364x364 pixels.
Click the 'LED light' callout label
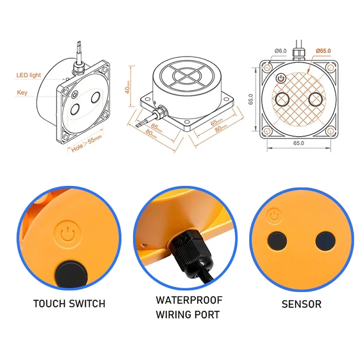point(29,75)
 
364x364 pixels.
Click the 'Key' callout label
point(22,92)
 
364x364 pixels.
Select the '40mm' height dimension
point(128,85)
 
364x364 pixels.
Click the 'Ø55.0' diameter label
point(323,51)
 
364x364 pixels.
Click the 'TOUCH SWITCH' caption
point(69,303)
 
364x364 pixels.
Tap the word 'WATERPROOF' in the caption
point(189,300)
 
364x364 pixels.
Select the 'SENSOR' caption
point(301,303)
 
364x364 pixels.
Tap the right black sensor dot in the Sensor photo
point(325,240)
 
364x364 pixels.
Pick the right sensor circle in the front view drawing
point(316,99)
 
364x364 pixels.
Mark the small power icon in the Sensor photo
point(274,216)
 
